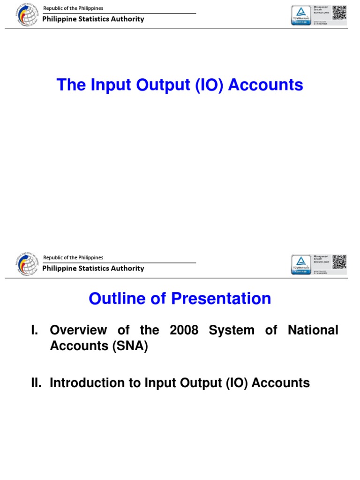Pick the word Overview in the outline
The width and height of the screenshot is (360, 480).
(79, 330)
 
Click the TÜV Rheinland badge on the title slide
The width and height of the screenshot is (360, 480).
(301, 15)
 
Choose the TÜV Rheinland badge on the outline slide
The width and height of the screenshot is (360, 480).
(301, 264)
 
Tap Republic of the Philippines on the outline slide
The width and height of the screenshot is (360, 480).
(73, 258)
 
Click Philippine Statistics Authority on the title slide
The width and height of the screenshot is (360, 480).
(93, 19)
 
